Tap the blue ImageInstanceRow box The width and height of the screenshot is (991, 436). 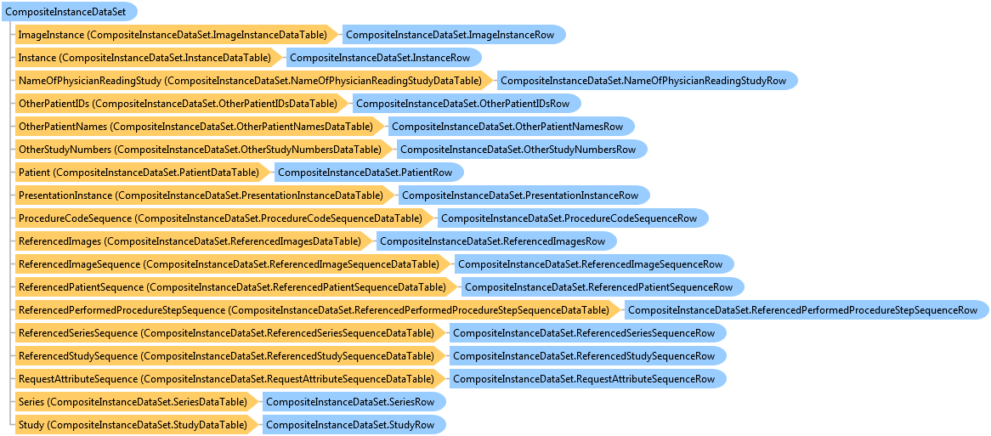point(454,35)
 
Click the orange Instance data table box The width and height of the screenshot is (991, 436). point(150,58)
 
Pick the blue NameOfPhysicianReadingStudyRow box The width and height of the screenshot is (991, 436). point(647,81)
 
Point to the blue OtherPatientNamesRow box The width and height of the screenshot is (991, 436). point(511,127)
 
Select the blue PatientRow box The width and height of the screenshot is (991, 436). point(368,173)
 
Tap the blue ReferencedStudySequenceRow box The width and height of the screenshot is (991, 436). point(588,356)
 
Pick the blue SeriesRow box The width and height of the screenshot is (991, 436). point(354,402)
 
